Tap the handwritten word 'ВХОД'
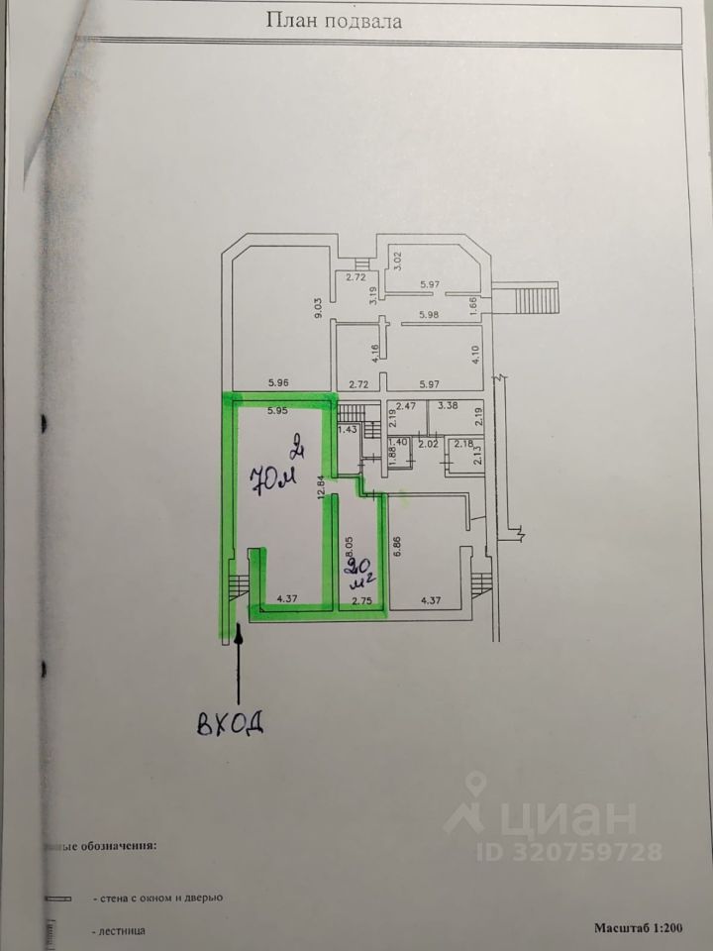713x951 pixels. pyautogui.click(x=231, y=722)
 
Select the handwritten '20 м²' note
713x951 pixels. pyautogui.click(x=355, y=574)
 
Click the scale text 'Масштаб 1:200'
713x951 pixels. pyautogui.click(x=640, y=927)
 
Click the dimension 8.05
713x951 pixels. pyautogui.click(x=346, y=548)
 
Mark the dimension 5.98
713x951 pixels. pyautogui.click(x=429, y=315)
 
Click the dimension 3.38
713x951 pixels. pyautogui.click(x=448, y=405)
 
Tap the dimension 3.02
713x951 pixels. pyautogui.click(x=398, y=262)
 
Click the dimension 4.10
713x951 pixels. pyautogui.click(x=477, y=354)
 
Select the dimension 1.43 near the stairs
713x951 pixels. pyautogui.click(x=347, y=429)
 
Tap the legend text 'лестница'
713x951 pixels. pyautogui.click(x=120, y=931)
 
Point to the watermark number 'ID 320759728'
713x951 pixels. pyautogui.click(x=569, y=850)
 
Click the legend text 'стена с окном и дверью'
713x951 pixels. pyautogui.click(x=157, y=898)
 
